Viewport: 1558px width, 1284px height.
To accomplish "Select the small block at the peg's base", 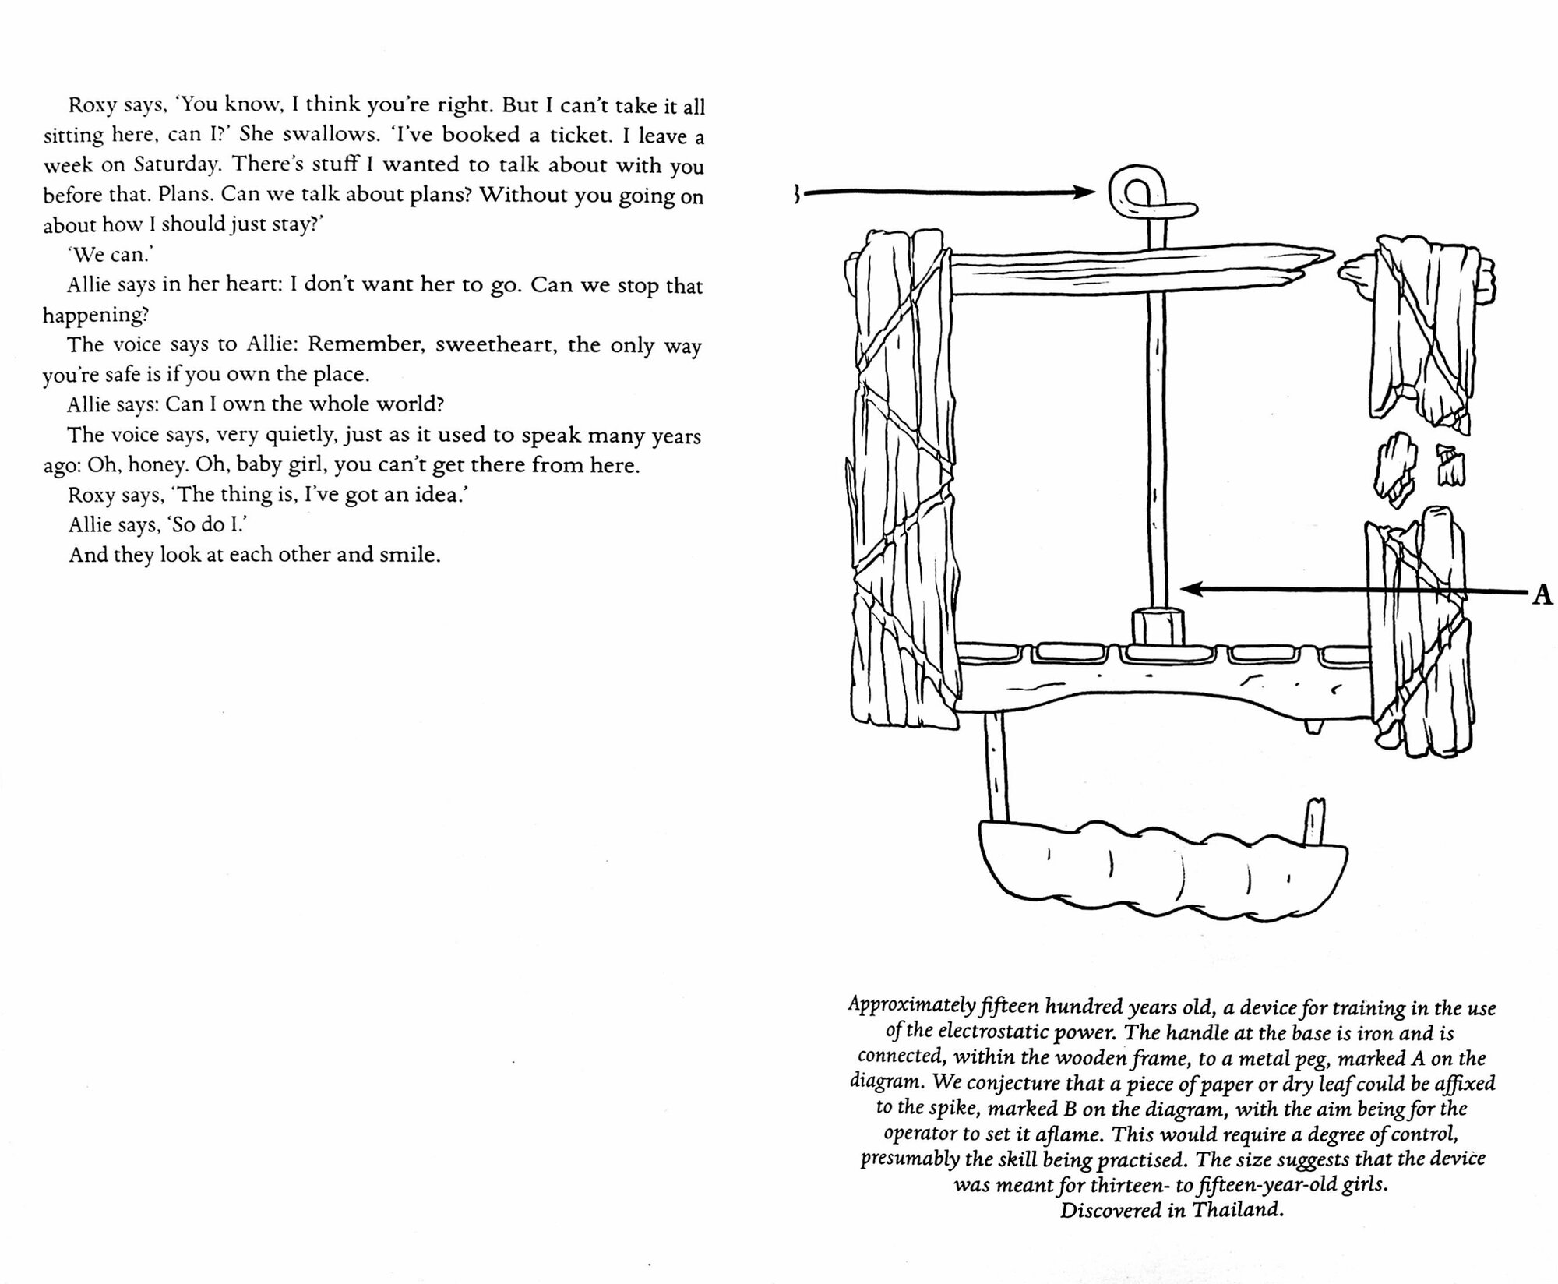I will point(1157,626).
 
